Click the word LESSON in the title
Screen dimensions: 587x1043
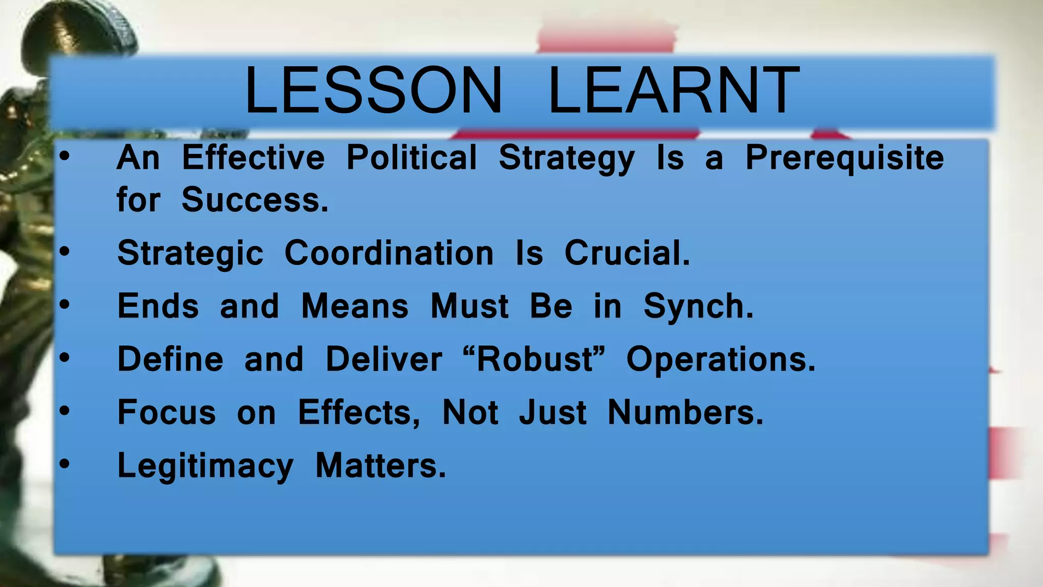(373, 91)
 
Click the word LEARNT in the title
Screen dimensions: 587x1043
(673, 91)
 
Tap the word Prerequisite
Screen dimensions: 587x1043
(844, 158)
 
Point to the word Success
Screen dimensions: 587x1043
(255, 200)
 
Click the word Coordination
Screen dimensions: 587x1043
(389, 253)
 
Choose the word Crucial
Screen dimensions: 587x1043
(627, 253)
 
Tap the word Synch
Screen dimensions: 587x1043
(698, 307)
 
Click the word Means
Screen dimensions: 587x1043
(354, 306)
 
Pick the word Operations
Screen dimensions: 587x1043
(721, 360)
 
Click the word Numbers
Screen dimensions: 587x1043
(685, 412)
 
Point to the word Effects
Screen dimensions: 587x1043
(359, 412)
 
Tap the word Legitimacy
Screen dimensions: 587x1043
(205, 466)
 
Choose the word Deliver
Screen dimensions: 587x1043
(383, 359)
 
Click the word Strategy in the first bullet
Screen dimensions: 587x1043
(566, 158)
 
